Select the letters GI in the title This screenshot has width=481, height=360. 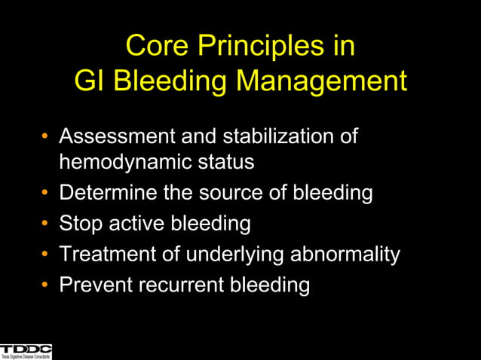(x=90, y=81)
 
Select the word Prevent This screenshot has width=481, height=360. (x=93, y=285)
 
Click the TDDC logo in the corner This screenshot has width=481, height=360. (x=26, y=351)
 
